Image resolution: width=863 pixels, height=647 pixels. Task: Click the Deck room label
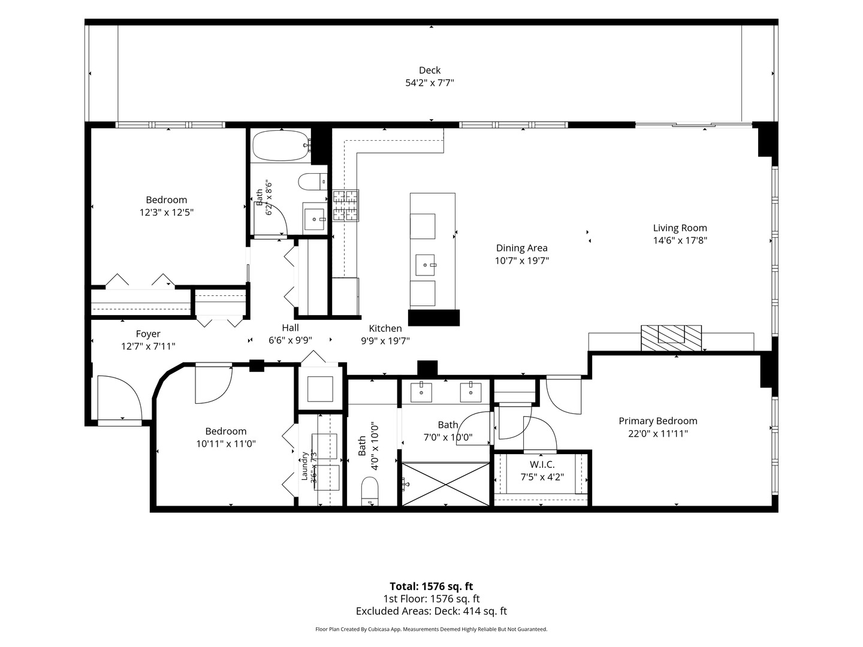(x=429, y=70)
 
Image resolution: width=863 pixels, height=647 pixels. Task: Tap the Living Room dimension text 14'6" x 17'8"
(x=680, y=240)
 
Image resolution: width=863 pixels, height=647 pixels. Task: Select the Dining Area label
(x=521, y=248)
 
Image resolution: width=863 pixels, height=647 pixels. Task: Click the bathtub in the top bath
(x=282, y=146)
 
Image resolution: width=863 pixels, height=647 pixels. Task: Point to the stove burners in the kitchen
(x=346, y=205)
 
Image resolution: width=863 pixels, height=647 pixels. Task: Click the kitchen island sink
(x=425, y=265)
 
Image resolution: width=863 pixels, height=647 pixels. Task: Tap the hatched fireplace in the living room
(x=671, y=338)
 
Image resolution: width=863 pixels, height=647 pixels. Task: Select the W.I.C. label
(x=542, y=464)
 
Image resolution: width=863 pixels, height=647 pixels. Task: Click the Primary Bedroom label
(x=658, y=421)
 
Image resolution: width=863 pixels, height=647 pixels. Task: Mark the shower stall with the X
(x=445, y=484)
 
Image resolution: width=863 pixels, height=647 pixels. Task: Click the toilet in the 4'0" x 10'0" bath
(x=370, y=491)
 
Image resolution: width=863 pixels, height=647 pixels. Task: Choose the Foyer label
(x=148, y=334)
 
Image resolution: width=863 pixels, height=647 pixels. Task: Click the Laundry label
(x=304, y=466)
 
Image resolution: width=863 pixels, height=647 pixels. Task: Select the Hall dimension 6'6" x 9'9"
(x=290, y=340)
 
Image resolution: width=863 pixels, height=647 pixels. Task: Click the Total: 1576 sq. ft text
(x=431, y=586)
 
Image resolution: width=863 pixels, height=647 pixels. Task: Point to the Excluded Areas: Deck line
(x=431, y=611)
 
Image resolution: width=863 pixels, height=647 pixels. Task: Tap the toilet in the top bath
(x=312, y=182)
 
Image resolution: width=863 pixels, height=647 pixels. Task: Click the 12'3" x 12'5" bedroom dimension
(x=167, y=213)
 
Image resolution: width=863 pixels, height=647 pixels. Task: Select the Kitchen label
(x=385, y=328)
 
